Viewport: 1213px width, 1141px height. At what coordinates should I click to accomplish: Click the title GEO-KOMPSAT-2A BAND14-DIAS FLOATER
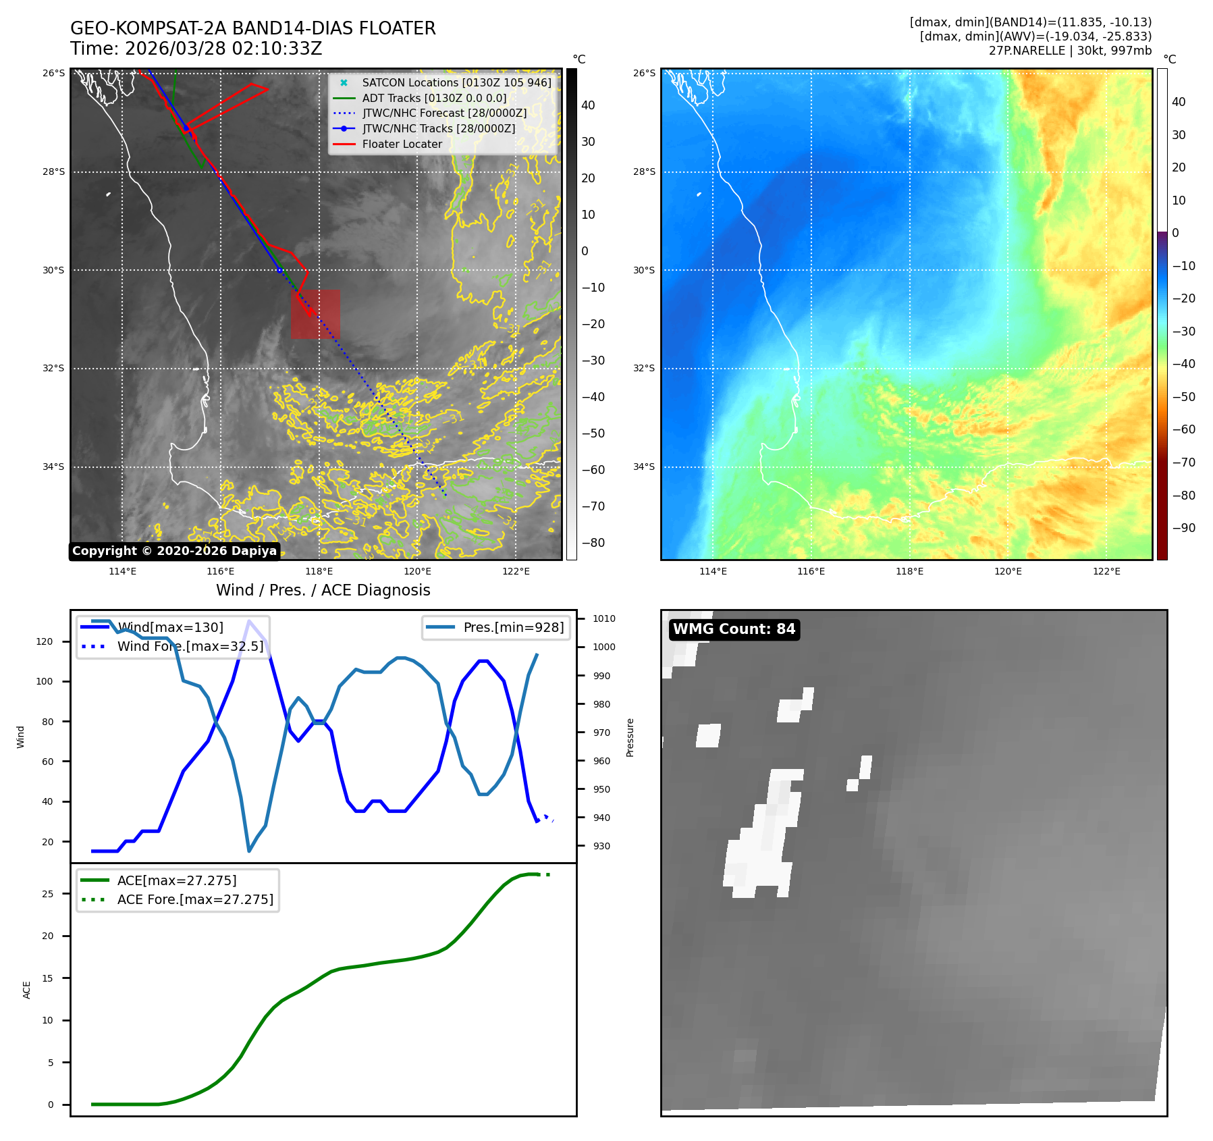[x=253, y=28]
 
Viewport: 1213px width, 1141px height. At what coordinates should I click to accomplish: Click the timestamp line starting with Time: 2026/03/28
[x=196, y=49]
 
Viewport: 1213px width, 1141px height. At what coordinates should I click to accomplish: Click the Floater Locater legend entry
[x=402, y=144]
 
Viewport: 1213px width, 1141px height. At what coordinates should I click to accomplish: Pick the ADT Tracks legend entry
[x=434, y=98]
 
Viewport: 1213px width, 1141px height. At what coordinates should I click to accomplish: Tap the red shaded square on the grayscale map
[x=316, y=314]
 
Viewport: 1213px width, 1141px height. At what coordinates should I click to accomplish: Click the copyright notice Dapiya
[x=174, y=551]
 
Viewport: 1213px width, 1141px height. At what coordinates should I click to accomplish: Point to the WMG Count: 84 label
[x=734, y=629]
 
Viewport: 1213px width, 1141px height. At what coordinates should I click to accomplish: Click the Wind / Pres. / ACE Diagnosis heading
[x=323, y=590]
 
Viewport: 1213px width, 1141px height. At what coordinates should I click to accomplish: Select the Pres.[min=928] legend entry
[x=513, y=627]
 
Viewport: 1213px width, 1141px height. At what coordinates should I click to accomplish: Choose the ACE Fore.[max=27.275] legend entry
[x=195, y=899]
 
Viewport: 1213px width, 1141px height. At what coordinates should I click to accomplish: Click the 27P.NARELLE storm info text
[x=1070, y=51]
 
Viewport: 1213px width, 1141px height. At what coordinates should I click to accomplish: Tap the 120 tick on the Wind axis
[x=45, y=641]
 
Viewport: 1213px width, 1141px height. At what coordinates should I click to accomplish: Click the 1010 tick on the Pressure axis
[x=603, y=618]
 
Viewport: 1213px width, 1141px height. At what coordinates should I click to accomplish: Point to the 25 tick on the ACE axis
[x=48, y=894]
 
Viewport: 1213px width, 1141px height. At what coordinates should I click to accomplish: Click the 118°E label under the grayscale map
[x=319, y=571]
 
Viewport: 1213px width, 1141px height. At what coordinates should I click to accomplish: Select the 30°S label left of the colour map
[x=643, y=270]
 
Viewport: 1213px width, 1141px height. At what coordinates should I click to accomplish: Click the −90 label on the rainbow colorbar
[x=1183, y=528]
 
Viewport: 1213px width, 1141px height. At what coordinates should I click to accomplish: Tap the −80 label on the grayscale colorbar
[x=593, y=543]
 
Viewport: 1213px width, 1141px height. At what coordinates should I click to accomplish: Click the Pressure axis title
[x=630, y=737]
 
